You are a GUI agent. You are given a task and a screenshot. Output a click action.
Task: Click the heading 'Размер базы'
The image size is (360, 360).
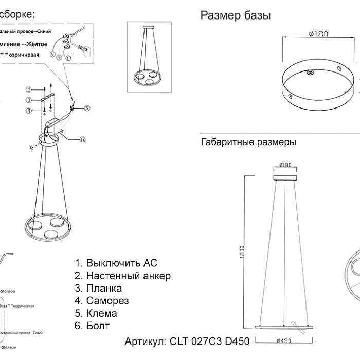pos(235,16)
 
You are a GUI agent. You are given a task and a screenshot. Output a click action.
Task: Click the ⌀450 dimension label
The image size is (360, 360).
pos(285,354)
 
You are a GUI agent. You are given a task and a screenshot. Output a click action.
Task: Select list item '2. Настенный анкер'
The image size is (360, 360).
pos(122,276)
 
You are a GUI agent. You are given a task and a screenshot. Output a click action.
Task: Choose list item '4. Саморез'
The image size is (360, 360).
pos(101,301)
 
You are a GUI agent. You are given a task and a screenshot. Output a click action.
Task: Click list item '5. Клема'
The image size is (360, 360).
pos(96,313)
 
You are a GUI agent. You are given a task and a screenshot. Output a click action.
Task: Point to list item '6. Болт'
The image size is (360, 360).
pos(92,326)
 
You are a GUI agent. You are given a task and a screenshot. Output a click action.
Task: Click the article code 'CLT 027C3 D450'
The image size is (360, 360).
pos(209,341)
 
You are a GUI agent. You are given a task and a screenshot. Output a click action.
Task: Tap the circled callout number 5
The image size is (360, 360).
pos(87,108)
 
